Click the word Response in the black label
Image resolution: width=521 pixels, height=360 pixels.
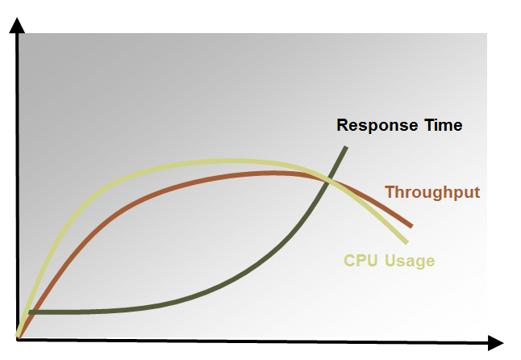(x=377, y=126)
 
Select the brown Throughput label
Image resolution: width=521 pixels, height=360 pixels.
(x=432, y=193)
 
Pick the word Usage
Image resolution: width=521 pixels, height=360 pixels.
(x=410, y=262)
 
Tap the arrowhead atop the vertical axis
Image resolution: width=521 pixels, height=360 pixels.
(x=17, y=25)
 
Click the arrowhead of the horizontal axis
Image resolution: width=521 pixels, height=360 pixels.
(x=496, y=343)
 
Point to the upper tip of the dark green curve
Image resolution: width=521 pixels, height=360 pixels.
(x=346, y=147)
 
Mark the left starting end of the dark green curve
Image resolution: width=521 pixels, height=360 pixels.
(x=31, y=312)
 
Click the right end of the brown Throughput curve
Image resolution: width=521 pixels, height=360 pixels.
(x=411, y=226)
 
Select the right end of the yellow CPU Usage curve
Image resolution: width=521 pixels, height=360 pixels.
(x=406, y=242)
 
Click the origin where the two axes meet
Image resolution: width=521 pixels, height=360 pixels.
(x=17, y=339)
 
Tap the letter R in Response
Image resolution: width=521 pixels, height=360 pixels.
(x=343, y=125)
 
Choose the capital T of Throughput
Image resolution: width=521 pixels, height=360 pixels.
(x=390, y=192)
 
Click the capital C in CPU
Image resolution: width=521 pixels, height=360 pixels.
(x=349, y=260)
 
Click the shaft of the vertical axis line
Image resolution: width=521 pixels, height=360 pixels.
(x=17, y=186)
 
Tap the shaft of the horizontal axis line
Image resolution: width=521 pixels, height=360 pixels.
(x=252, y=341)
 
